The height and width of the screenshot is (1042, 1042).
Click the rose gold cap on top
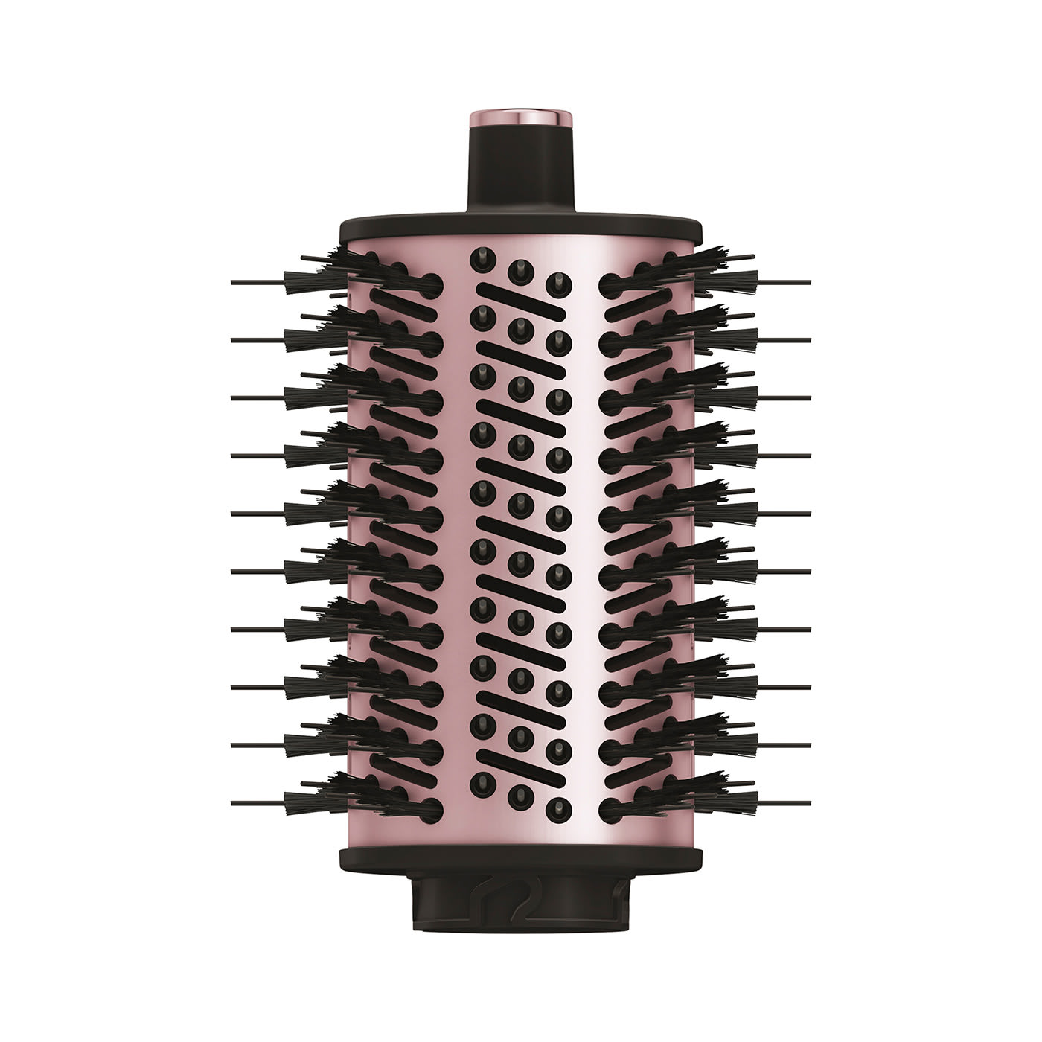click(520, 118)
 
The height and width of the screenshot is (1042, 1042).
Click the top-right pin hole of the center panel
click(557, 281)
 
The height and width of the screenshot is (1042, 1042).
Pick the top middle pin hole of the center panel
click(520, 269)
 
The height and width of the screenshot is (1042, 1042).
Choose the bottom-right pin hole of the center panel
click(557, 806)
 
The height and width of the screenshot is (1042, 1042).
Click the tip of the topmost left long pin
click(234, 282)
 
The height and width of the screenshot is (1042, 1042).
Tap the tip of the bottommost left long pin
click(234, 802)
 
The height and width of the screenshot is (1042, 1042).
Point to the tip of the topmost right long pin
click(808, 282)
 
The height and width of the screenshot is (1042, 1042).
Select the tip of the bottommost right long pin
click(808, 802)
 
